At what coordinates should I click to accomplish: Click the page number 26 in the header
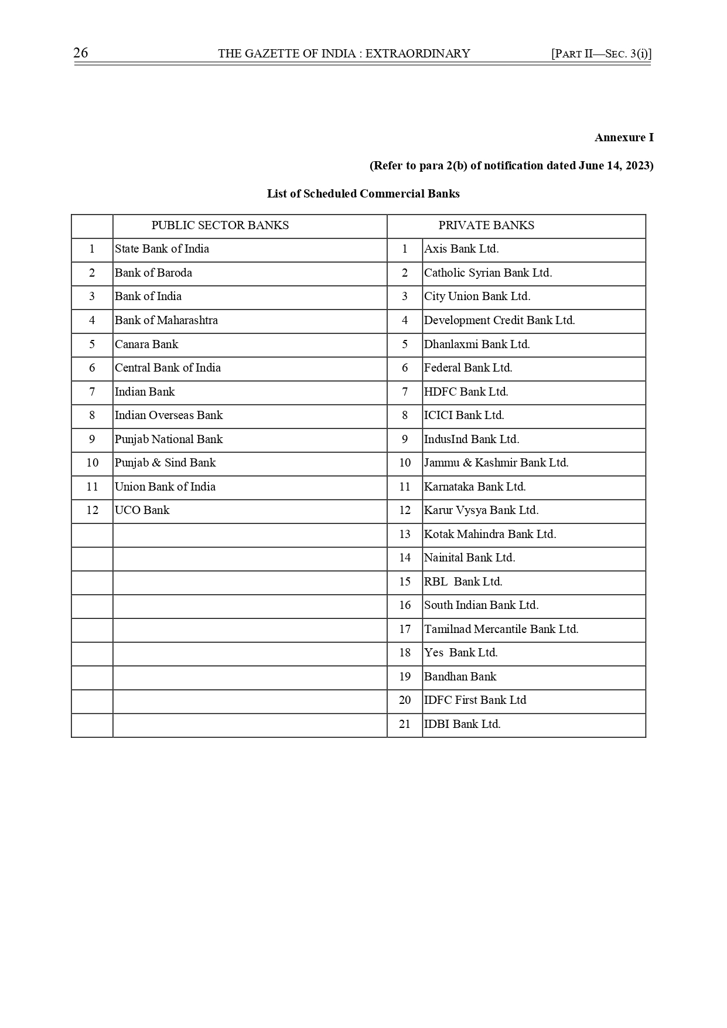[x=81, y=53]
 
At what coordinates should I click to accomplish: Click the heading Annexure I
[x=624, y=138]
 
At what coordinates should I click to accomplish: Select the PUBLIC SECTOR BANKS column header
[x=220, y=226]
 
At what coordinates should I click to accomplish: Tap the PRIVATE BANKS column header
[x=486, y=226]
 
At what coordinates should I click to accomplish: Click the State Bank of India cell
[x=162, y=249]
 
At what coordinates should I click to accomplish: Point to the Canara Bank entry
[x=146, y=345]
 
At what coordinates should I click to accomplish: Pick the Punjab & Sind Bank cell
[x=165, y=463]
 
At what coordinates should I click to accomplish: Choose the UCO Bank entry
[x=142, y=510]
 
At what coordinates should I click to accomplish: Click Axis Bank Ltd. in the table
[x=462, y=249]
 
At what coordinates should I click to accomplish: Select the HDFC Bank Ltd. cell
[x=466, y=392]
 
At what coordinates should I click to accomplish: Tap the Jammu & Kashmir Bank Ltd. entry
[x=496, y=463]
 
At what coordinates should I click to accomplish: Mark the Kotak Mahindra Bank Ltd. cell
[x=490, y=535]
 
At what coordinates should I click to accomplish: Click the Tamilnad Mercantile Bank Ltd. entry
[x=501, y=629]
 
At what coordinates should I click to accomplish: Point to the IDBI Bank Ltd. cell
[x=462, y=724]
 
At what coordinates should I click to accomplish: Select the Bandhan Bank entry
[x=460, y=677]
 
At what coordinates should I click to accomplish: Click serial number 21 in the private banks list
[x=405, y=724]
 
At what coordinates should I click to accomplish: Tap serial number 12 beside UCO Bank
[x=93, y=510]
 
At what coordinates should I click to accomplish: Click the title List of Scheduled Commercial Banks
[x=363, y=194]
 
